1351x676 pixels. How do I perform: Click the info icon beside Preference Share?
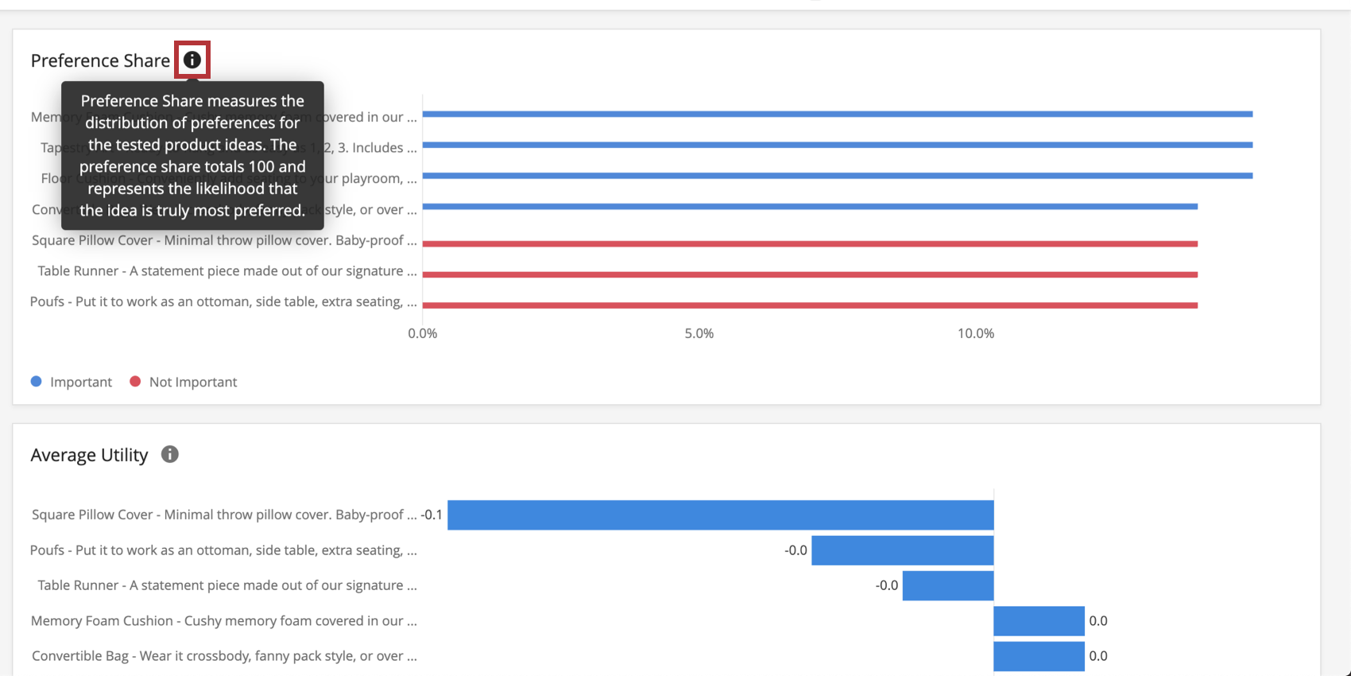pyautogui.click(x=192, y=60)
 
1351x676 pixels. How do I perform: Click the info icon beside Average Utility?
pyautogui.click(x=170, y=454)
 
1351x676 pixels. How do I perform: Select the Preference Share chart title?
pyautogui.click(x=100, y=60)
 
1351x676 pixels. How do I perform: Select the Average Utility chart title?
pyautogui.click(x=89, y=455)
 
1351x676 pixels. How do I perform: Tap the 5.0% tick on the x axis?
pyautogui.click(x=699, y=333)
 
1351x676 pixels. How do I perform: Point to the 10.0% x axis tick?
pyautogui.click(x=975, y=333)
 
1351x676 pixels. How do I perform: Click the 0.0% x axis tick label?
pyautogui.click(x=422, y=333)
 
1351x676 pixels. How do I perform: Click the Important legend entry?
pyautogui.click(x=72, y=382)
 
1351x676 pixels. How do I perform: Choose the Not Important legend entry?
pyautogui.click(x=184, y=382)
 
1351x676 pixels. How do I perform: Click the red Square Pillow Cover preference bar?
pyautogui.click(x=810, y=243)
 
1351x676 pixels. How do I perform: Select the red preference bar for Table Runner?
pyautogui.click(x=810, y=274)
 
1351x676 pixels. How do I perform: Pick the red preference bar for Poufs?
pyautogui.click(x=810, y=305)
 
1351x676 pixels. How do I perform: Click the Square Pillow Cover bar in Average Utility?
pyautogui.click(x=720, y=515)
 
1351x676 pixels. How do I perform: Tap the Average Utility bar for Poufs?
pyautogui.click(x=902, y=550)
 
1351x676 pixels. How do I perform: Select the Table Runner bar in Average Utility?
pyautogui.click(x=948, y=585)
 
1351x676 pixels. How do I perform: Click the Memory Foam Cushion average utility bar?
pyautogui.click(x=1039, y=620)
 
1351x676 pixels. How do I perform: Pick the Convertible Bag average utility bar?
pyautogui.click(x=1039, y=656)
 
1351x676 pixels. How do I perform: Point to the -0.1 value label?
pyautogui.click(x=432, y=515)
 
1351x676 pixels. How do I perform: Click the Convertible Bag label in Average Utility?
pyautogui.click(x=223, y=656)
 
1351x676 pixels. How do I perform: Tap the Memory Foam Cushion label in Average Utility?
pyautogui.click(x=223, y=620)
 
